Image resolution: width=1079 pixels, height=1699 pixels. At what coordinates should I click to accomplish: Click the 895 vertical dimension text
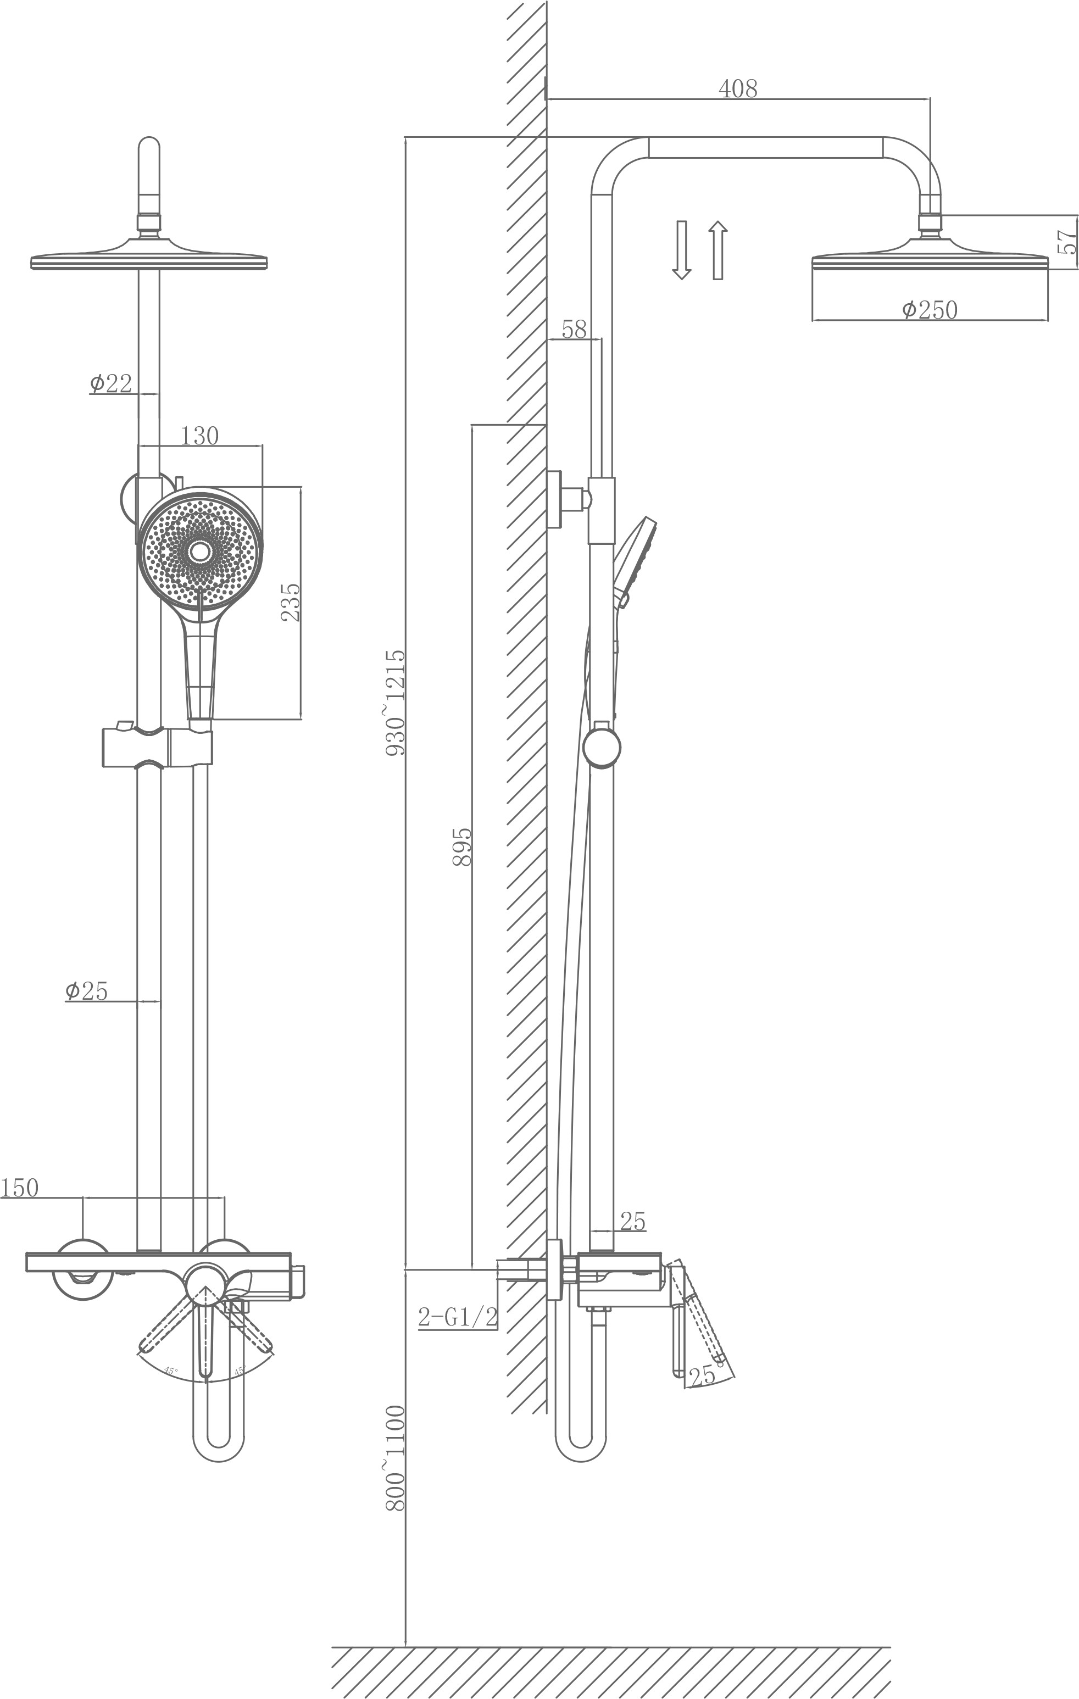click(x=461, y=846)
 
